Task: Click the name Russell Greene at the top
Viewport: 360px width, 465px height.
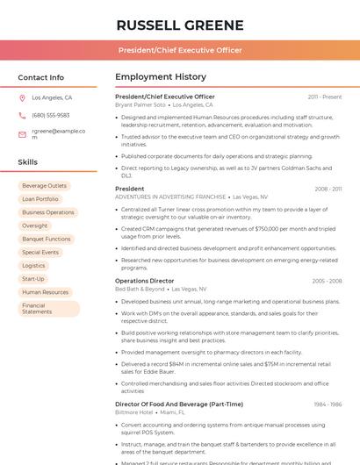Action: click(179, 25)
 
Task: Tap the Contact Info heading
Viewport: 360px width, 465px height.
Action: click(40, 77)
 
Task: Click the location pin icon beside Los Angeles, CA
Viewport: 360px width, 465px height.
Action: click(22, 98)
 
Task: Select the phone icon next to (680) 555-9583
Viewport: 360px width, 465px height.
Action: click(22, 115)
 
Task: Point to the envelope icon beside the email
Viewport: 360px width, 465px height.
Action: click(22, 134)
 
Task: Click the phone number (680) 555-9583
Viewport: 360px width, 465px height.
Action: click(50, 115)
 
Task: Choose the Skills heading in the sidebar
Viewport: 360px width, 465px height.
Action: click(28, 162)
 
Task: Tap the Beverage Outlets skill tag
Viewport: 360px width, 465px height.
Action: click(44, 186)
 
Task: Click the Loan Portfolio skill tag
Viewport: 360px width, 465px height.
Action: click(40, 199)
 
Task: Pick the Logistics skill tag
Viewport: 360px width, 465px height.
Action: click(33, 265)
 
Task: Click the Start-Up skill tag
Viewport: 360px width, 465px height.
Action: click(32, 278)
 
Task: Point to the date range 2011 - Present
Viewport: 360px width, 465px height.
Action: click(324, 97)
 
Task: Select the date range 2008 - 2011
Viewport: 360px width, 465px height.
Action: click(328, 189)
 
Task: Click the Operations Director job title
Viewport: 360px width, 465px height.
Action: click(144, 281)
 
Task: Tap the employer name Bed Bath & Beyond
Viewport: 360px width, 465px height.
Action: click(140, 289)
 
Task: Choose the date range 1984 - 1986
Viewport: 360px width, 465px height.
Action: click(328, 404)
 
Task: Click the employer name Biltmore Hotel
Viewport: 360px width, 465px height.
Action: click(134, 411)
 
